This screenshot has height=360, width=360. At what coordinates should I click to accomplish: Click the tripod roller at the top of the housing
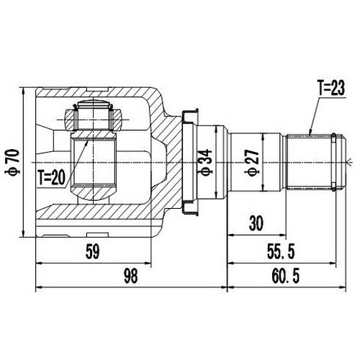click(91, 115)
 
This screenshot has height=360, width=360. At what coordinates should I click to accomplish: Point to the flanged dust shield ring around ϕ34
click(189, 161)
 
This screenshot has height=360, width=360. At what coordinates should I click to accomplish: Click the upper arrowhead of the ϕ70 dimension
click(26, 91)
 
